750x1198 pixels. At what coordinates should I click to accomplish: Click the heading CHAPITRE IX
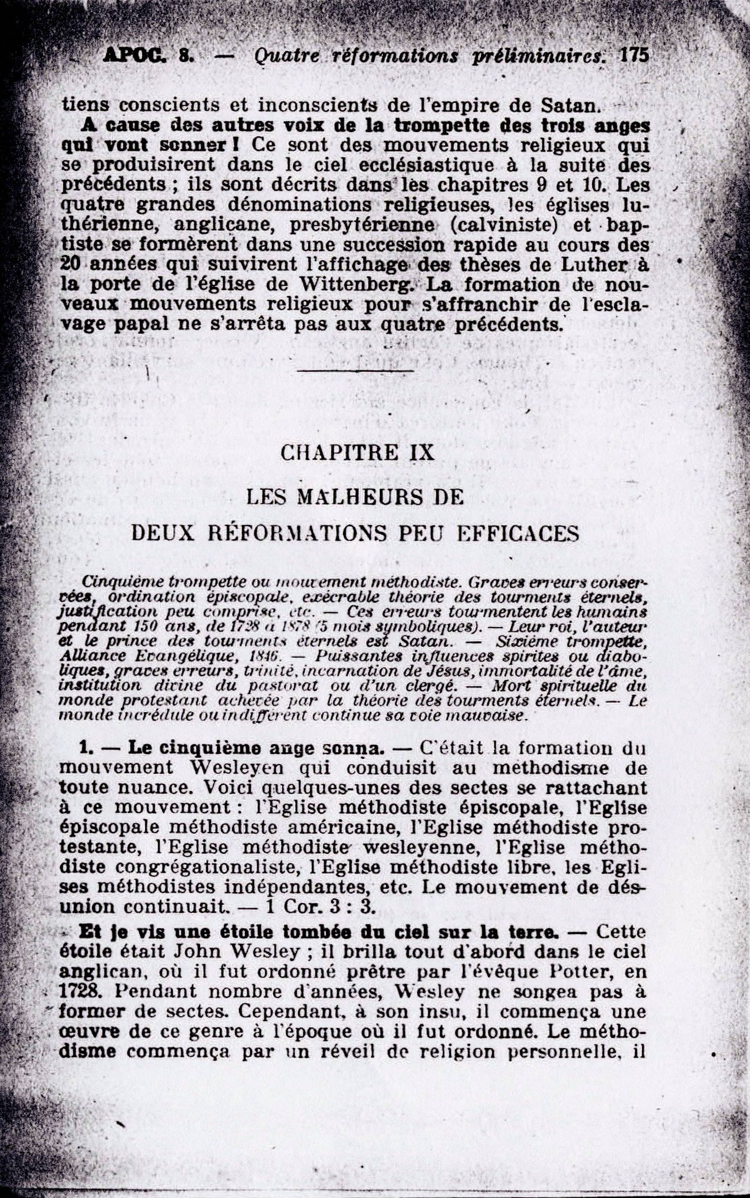click(357, 452)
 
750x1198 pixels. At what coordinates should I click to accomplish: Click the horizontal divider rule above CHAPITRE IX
click(355, 371)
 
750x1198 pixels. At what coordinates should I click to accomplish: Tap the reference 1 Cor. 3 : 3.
click(320, 906)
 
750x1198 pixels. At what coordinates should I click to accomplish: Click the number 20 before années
click(71, 265)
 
